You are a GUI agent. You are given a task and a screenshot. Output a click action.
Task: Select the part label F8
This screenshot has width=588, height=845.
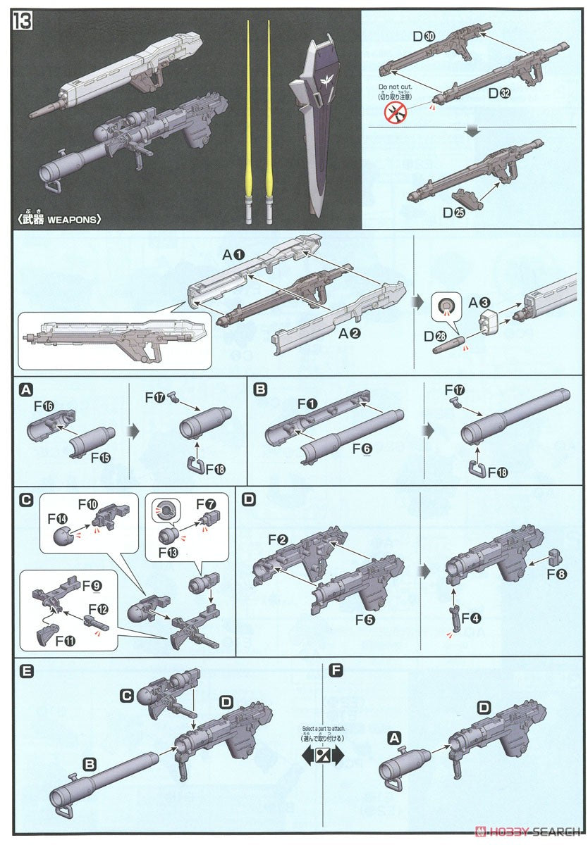(x=557, y=574)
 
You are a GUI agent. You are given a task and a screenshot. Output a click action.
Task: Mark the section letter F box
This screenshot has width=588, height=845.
(x=336, y=671)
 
